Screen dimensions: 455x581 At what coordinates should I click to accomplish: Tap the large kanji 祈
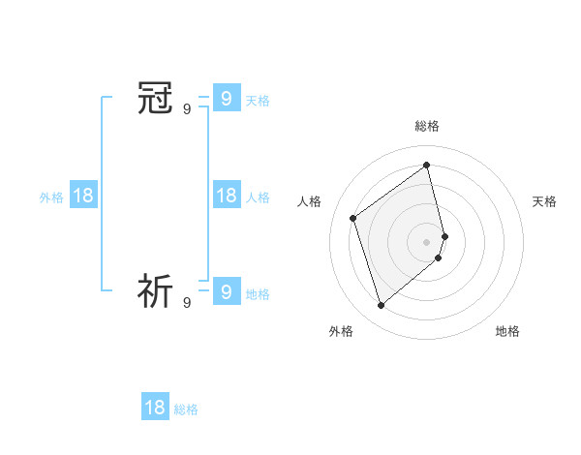tap(156, 290)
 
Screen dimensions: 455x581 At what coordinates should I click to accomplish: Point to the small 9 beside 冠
tap(187, 109)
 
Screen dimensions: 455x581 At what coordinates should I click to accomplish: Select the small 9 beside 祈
tap(187, 302)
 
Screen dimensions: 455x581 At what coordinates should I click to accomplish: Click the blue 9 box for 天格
tap(226, 99)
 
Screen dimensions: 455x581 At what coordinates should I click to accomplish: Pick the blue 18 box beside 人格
tap(226, 196)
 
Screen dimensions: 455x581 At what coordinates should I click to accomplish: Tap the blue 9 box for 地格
tap(226, 291)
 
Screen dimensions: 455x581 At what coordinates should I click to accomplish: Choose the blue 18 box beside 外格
tap(83, 196)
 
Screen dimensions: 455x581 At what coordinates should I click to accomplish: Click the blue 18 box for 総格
tap(155, 408)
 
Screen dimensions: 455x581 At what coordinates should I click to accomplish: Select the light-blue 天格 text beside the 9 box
tap(258, 101)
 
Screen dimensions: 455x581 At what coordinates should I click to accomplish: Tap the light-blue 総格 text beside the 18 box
tap(186, 409)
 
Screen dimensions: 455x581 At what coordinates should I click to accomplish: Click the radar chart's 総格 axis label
tap(427, 126)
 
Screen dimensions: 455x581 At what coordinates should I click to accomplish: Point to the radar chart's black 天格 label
tap(544, 201)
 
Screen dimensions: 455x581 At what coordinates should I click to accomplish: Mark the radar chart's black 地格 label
tap(507, 331)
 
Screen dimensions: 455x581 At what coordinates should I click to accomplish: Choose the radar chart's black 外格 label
tap(341, 331)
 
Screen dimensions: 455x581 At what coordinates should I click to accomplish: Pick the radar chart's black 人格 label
tap(309, 201)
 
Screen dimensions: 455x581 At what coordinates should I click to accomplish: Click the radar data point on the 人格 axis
tap(353, 218)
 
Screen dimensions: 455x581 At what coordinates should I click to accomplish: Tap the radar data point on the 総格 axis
tap(427, 165)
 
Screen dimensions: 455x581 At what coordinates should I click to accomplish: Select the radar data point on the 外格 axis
tap(382, 306)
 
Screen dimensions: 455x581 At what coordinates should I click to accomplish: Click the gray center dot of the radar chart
tap(427, 241)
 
